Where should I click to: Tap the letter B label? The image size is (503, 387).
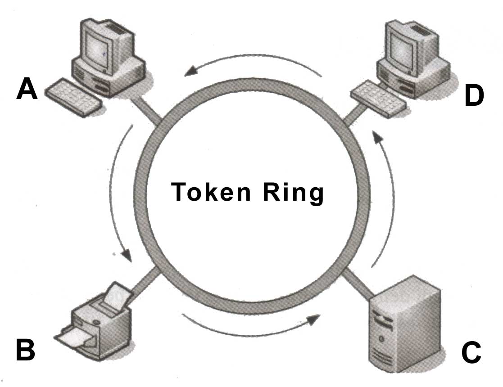pos(26,350)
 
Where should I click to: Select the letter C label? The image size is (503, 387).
pos(471,352)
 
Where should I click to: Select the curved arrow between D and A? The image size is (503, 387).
pos(252,61)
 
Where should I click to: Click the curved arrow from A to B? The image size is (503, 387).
pos(118,193)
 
